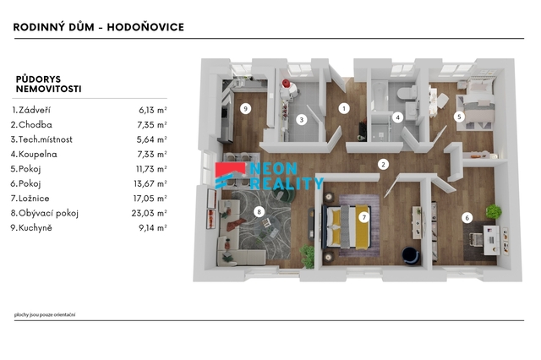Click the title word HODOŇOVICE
click(x=145, y=27)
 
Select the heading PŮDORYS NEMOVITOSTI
click(x=49, y=85)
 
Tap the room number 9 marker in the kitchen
click(x=245, y=109)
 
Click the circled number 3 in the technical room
click(x=302, y=120)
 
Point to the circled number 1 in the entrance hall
click(x=344, y=109)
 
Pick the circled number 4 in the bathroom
click(x=397, y=117)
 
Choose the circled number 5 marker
click(x=459, y=117)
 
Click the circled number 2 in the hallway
click(x=383, y=165)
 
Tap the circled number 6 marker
click(x=467, y=218)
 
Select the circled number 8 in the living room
click(x=259, y=212)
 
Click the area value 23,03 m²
click(x=149, y=213)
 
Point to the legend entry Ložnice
click(x=34, y=199)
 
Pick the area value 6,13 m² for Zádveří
click(x=153, y=110)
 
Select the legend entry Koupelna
click(x=37, y=154)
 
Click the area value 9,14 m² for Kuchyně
click(x=153, y=228)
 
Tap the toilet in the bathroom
click(x=407, y=93)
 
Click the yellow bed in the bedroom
click(x=347, y=226)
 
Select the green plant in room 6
click(x=494, y=211)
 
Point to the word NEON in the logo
click(x=273, y=169)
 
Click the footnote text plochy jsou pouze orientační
click(x=45, y=314)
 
